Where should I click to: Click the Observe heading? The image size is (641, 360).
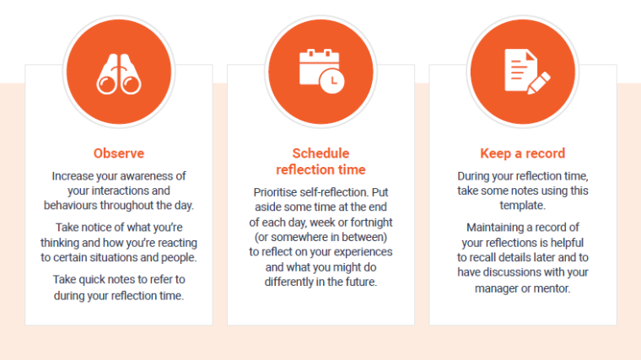(119, 153)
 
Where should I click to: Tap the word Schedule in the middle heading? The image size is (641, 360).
(320, 153)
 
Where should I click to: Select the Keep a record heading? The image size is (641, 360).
(522, 153)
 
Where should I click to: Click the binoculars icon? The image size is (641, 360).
(119, 74)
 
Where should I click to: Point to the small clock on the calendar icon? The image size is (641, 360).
(332, 81)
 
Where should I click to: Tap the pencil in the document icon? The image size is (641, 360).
(538, 83)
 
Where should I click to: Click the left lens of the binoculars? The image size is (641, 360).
(107, 85)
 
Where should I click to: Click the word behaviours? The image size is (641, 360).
(71, 205)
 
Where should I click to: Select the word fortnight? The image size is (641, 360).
(371, 223)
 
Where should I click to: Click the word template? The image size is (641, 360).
(522, 206)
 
